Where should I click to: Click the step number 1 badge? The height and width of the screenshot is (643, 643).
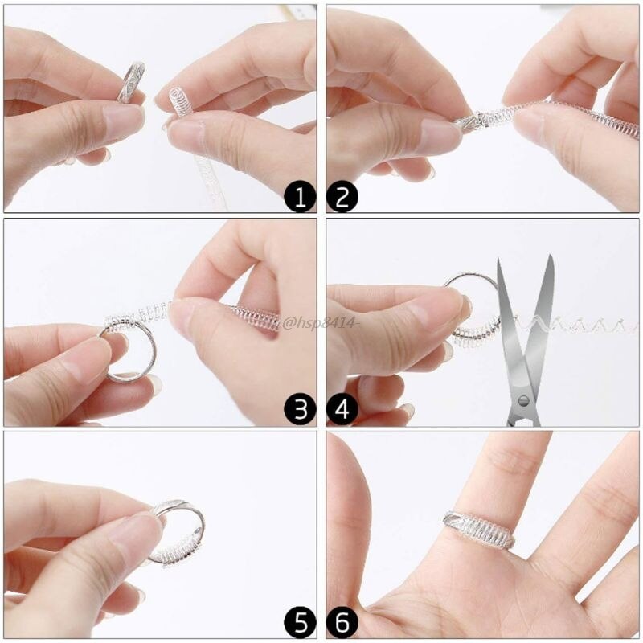click(x=300, y=196)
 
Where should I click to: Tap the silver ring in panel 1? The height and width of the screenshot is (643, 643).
click(x=130, y=82)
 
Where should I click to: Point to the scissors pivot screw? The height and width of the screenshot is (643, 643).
click(x=524, y=399)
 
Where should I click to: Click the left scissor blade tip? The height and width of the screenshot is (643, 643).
click(x=500, y=260)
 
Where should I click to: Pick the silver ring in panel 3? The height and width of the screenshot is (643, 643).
click(x=129, y=350)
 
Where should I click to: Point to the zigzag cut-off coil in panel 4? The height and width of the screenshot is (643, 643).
click(x=579, y=326)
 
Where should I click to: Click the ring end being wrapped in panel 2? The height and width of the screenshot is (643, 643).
click(x=470, y=121)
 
